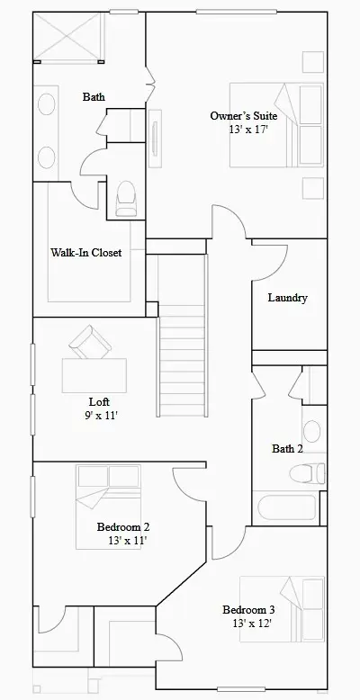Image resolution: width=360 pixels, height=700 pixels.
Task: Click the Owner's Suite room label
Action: coord(243,116)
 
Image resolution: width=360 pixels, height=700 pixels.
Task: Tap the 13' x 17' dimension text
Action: coord(248,130)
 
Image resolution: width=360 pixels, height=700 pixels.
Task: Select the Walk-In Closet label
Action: coord(85,253)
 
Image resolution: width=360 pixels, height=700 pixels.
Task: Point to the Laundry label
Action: coord(288,298)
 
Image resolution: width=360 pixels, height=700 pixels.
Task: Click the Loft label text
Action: coord(100,401)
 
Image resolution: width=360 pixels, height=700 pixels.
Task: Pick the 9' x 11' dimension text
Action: coord(100,416)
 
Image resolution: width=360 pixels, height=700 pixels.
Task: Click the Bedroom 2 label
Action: coord(122,527)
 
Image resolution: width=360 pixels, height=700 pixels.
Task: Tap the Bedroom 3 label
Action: coord(249,610)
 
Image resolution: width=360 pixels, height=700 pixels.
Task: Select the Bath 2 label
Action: coord(288,448)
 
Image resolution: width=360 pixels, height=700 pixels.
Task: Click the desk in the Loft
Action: coord(94,371)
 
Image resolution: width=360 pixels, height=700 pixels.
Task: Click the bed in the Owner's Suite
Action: coord(275,125)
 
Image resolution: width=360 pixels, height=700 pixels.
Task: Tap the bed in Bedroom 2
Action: coord(109,490)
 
